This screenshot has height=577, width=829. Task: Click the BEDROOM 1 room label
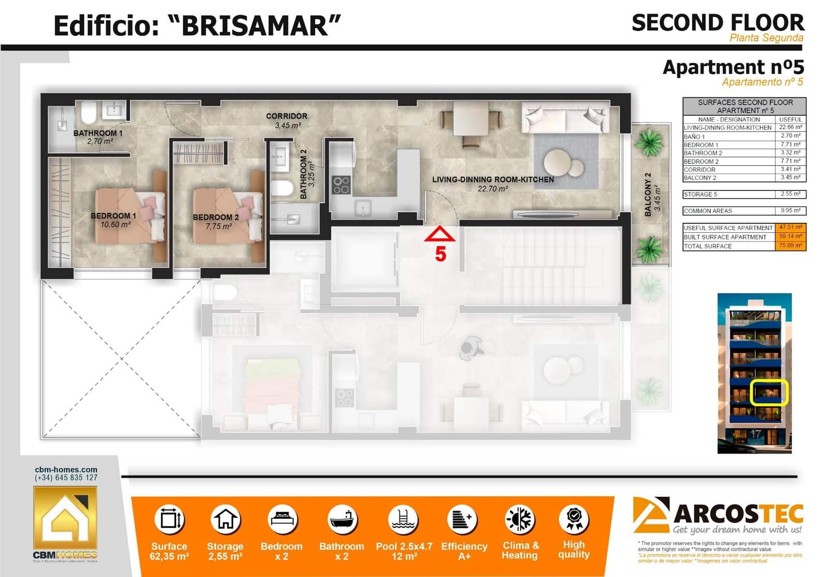coord(113,216)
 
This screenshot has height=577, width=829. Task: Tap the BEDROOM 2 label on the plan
coord(216,218)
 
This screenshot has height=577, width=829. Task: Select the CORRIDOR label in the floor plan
coord(287,116)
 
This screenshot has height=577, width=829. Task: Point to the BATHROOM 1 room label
coord(98,133)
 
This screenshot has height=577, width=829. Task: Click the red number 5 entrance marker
coord(440,255)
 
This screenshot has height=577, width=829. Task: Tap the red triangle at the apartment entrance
coord(439,235)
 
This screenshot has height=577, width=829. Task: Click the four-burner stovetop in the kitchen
coord(341,185)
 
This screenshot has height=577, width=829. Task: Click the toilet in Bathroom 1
coord(89,111)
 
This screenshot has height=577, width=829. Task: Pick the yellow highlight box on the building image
coord(769,392)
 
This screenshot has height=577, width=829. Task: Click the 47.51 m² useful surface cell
coord(790,228)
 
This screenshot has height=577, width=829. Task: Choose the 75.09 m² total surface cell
coord(790,246)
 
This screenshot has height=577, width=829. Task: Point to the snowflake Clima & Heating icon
coord(520,519)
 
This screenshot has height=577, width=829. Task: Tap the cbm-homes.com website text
coord(66,470)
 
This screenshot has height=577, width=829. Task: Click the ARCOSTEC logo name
coord(738,514)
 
